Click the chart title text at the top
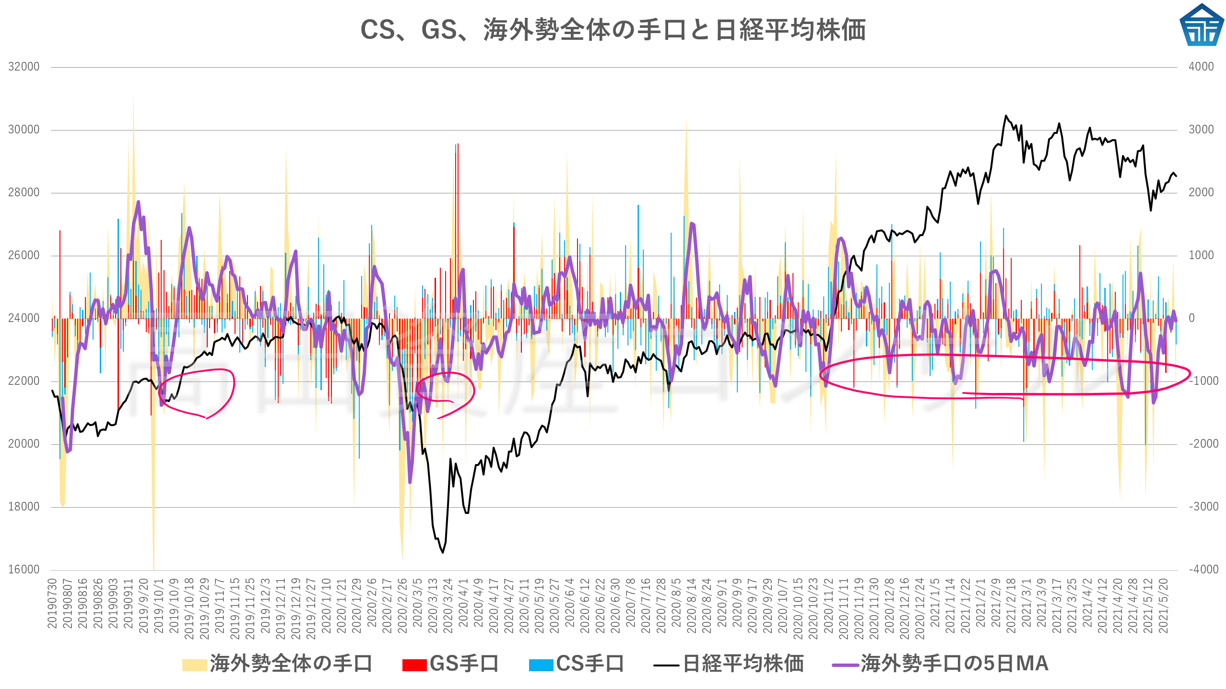click(613, 30)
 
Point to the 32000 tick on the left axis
click(24, 67)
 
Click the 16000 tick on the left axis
click(24, 570)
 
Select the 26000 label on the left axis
click(24, 255)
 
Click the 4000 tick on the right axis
click(1201, 67)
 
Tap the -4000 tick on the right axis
click(1203, 570)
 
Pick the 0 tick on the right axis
click(1191, 318)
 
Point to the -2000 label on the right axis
click(1203, 444)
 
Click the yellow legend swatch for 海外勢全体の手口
click(194, 665)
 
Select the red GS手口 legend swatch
click(414, 665)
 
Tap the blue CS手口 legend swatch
click(541, 665)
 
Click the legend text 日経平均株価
click(743, 664)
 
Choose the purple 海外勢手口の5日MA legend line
click(845, 665)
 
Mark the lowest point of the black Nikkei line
click(442, 553)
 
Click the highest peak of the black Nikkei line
click(1006, 116)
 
